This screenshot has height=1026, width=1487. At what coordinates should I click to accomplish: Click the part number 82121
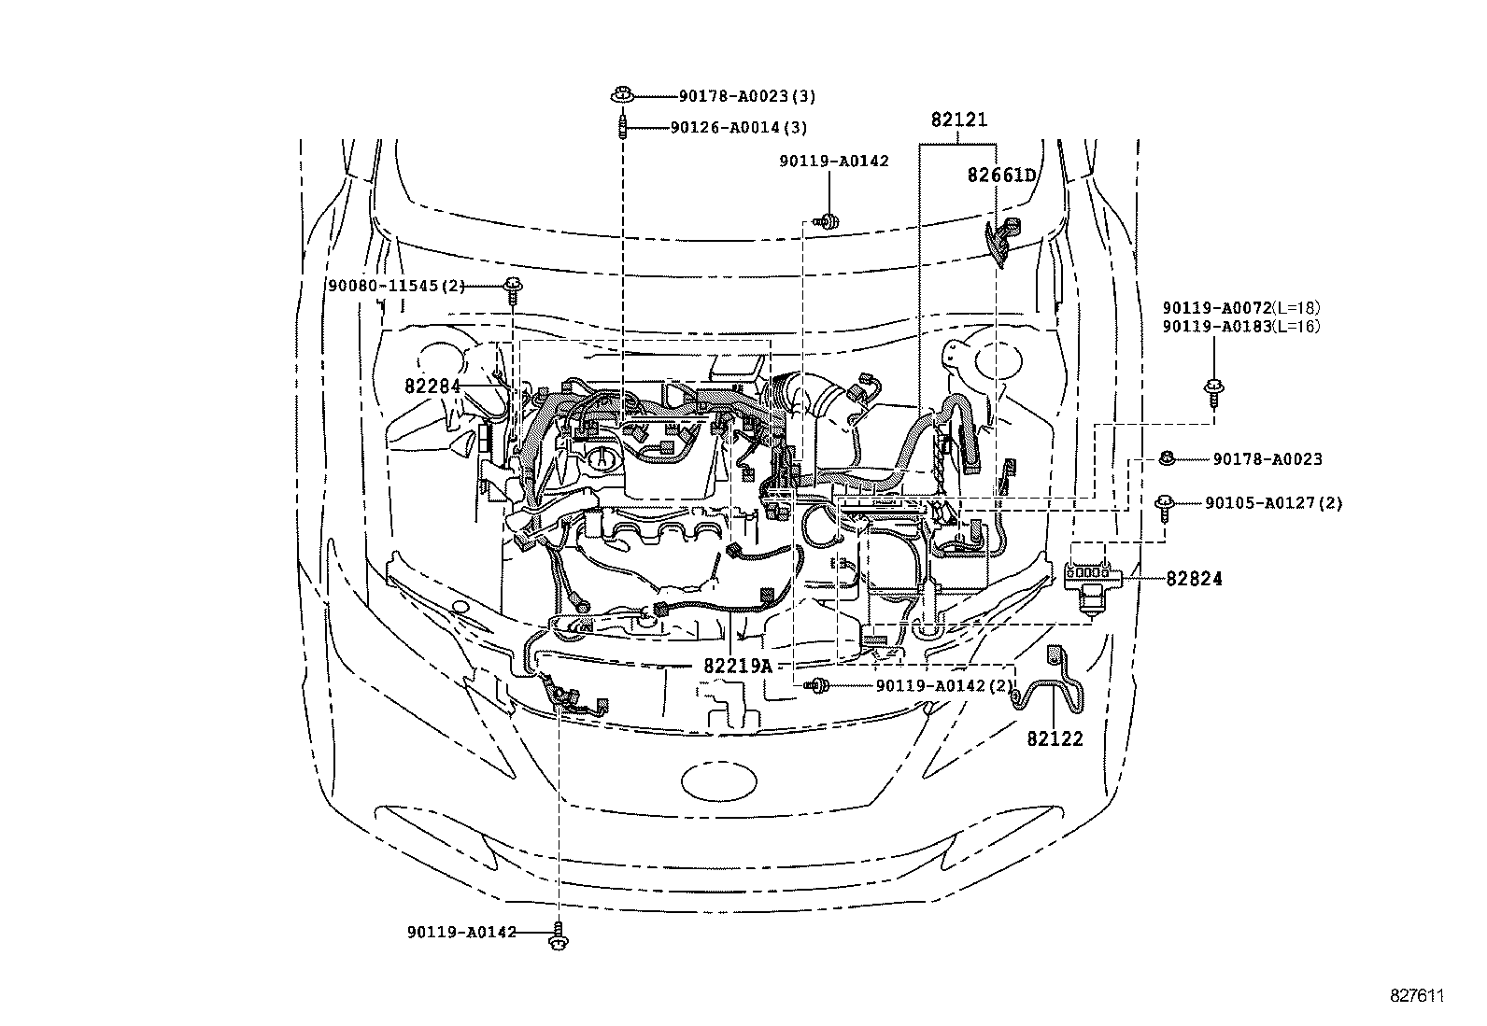pos(959,120)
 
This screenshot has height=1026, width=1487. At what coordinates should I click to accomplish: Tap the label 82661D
pos(1001,176)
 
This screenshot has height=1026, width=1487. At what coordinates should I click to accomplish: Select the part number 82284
pos(432,387)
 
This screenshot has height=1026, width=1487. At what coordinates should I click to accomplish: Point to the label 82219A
pos(738,666)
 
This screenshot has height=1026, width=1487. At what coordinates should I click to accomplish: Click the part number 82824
pos(1195,579)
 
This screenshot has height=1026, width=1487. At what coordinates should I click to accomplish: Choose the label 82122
pos(1055,738)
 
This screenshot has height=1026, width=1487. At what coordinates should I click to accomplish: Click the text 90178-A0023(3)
pos(747,96)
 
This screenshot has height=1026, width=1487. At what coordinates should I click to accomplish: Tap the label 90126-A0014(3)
pos(739,127)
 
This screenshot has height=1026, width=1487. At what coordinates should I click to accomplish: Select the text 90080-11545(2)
pos(397,286)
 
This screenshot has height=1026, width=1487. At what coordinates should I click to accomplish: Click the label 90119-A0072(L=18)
pos(1241,308)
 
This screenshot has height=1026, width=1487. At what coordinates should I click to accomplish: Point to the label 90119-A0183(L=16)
pos(1241,327)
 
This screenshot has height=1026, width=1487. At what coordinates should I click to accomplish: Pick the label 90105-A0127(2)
pos(1274,503)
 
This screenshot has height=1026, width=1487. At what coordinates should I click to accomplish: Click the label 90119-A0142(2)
pos(945,685)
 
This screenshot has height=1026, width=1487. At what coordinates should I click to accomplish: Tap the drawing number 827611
pos(1417,996)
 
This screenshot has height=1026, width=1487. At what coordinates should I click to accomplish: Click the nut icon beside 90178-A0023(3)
pos(622,95)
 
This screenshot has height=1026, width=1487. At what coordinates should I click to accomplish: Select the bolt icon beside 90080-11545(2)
pos(513,291)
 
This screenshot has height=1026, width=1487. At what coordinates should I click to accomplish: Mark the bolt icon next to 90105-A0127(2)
pos(1165,509)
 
